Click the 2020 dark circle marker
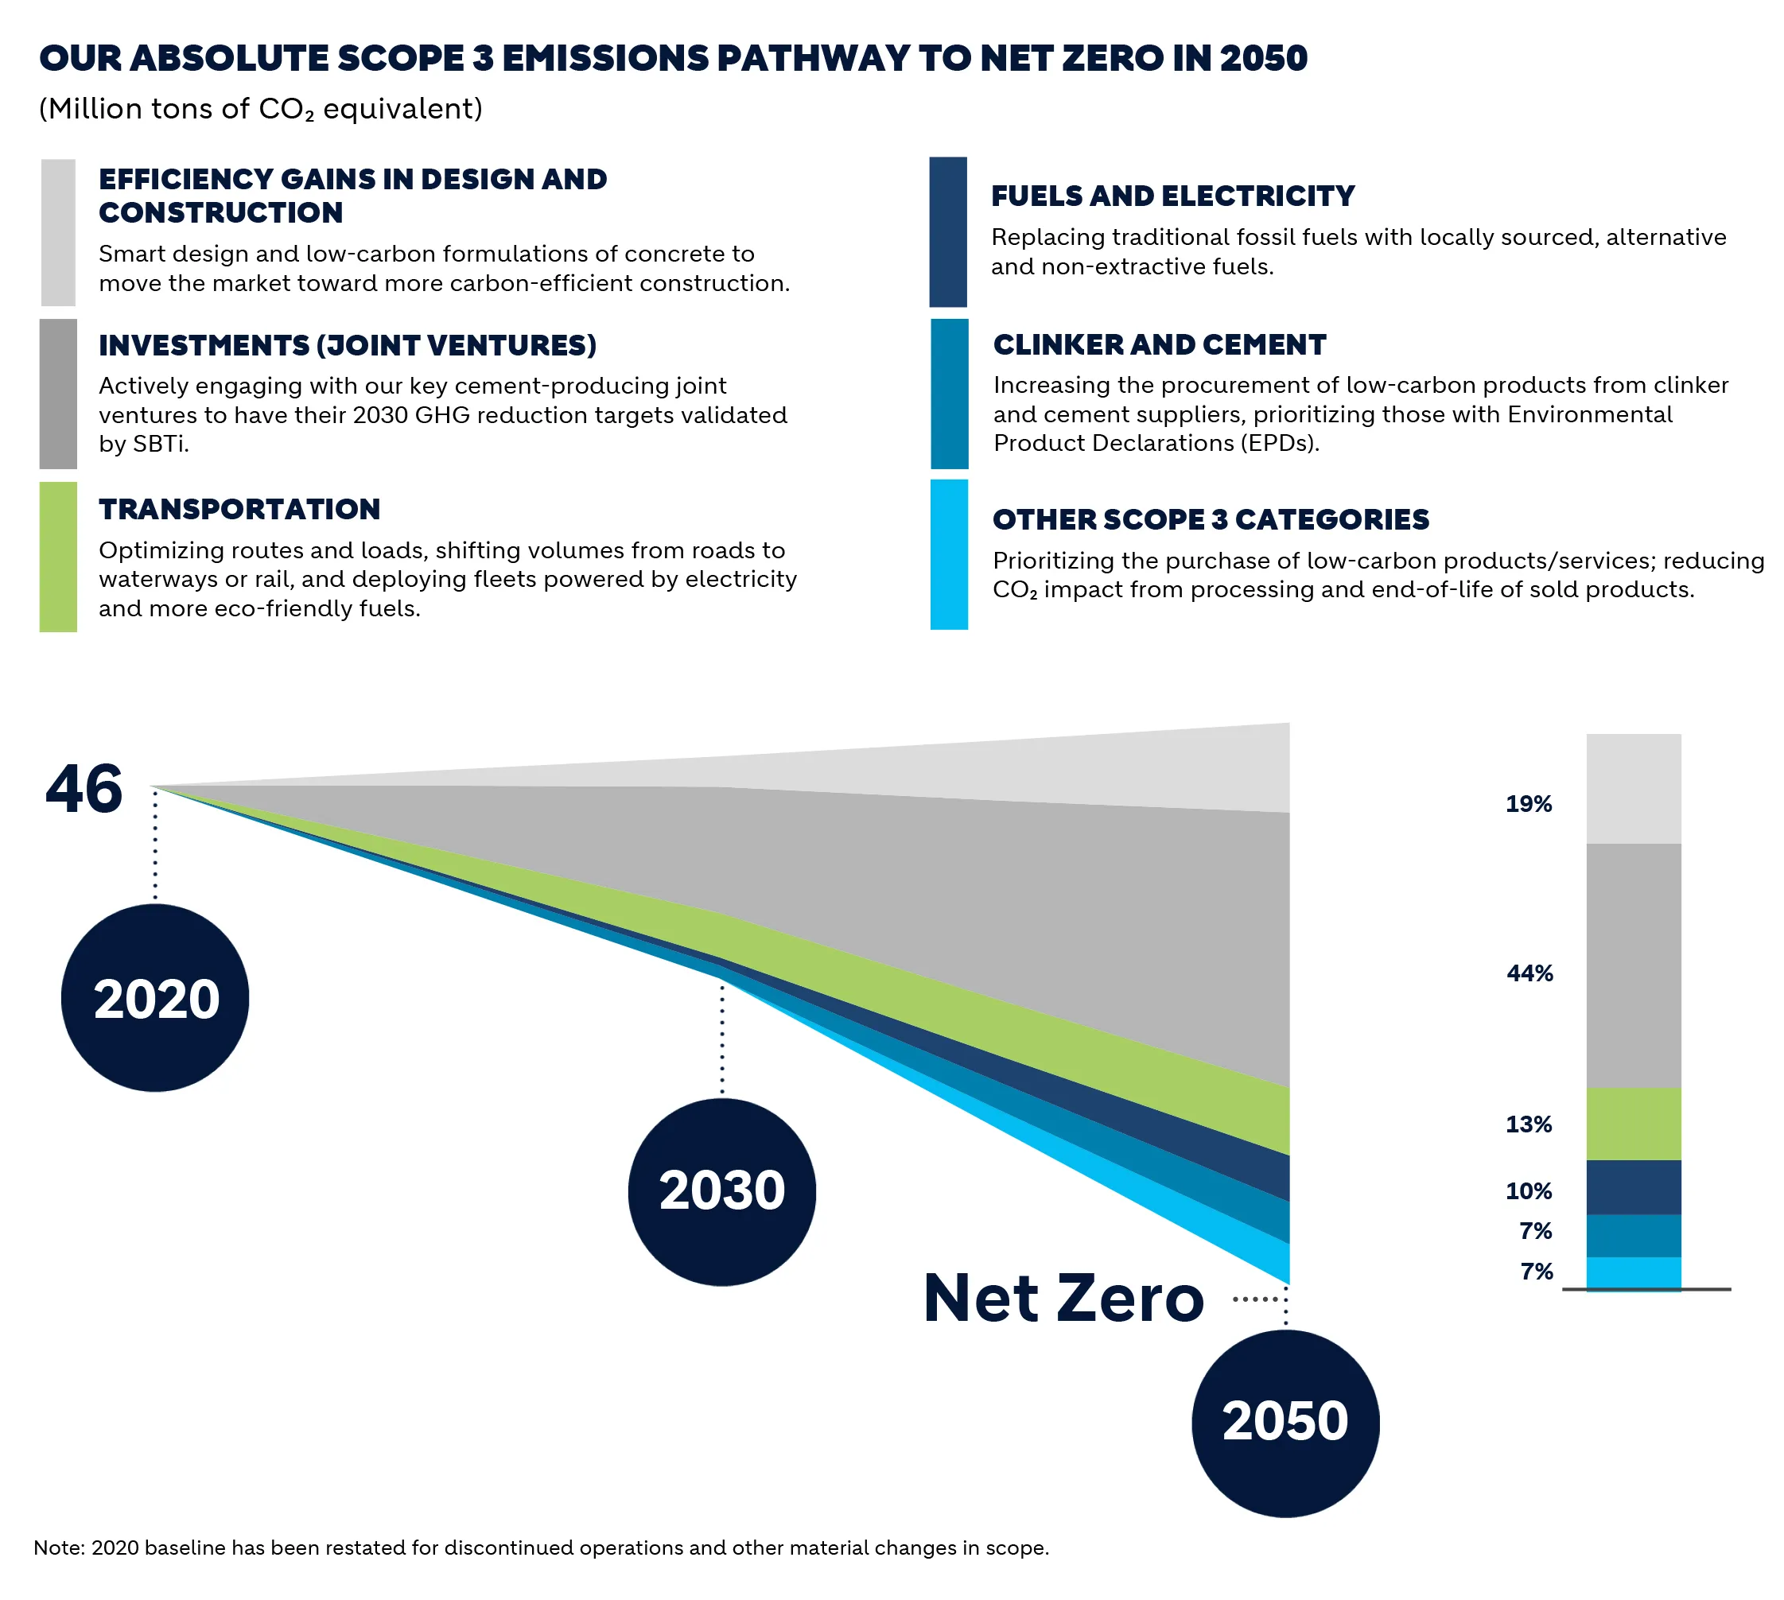(x=155, y=998)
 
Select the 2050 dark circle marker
(x=1285, y=1422)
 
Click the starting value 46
(x=84, y=789)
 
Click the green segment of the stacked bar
(x=1633, y=1124)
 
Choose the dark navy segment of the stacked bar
(x=1633, y=1186)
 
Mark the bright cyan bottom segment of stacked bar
(x=1633, y=1272)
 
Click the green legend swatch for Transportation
(x=58, y=556)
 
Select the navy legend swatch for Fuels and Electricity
(x=947, y=232)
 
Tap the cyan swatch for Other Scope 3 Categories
(x=948, y=553)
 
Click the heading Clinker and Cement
(x=1158, y=344)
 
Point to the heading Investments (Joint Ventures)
(x=348, y=345)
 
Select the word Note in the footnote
(x=57, y=1548)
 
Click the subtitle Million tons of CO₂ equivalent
(x=260, y=109)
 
